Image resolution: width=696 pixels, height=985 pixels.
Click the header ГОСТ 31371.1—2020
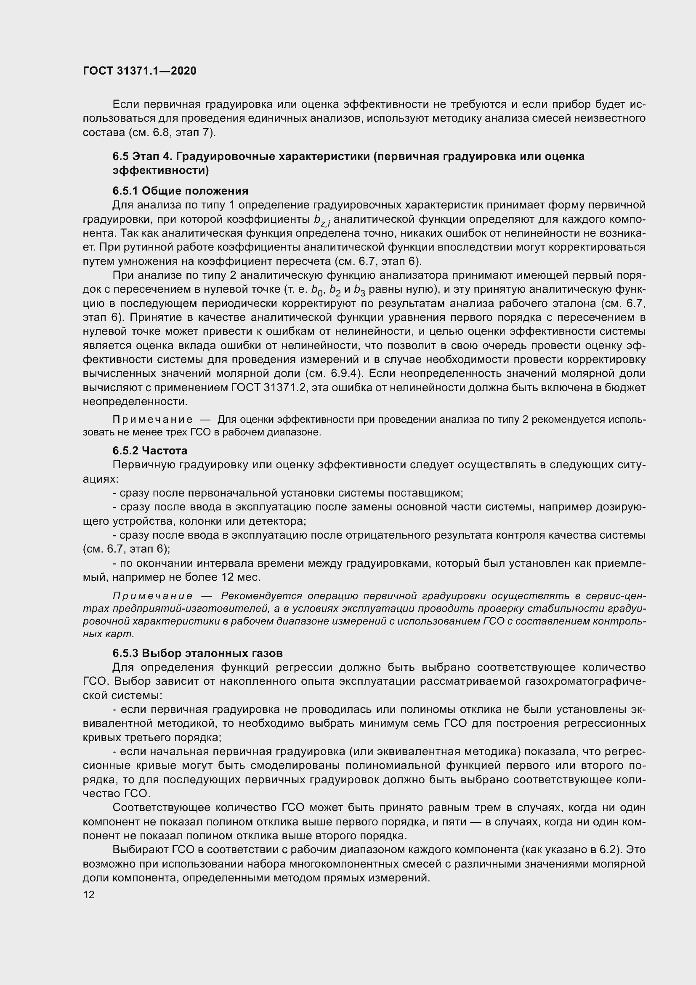139,71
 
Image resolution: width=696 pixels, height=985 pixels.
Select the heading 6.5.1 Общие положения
181,190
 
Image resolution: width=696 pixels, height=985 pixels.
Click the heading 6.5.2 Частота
150,451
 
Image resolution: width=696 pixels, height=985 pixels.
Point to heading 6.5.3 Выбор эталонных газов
198,653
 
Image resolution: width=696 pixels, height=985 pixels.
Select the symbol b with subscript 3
359,291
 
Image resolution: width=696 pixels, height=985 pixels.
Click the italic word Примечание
152,596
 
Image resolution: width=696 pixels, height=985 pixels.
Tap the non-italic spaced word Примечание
152,419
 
